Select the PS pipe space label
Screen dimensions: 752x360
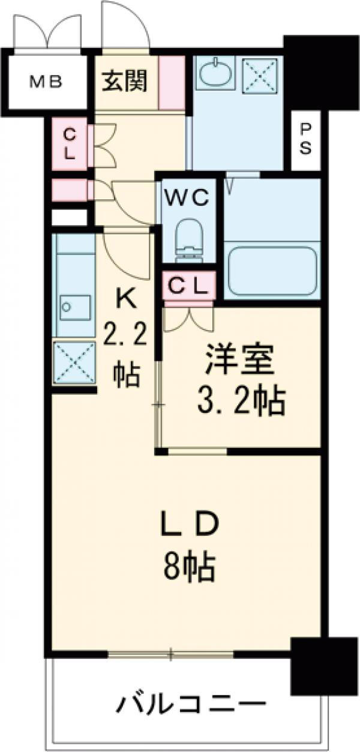[x=306, y=139]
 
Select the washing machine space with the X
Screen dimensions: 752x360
[x=260, y=75]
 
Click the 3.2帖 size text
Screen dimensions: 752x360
[x=240, y=402]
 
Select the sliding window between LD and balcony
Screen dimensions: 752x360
[x=171, y=654]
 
